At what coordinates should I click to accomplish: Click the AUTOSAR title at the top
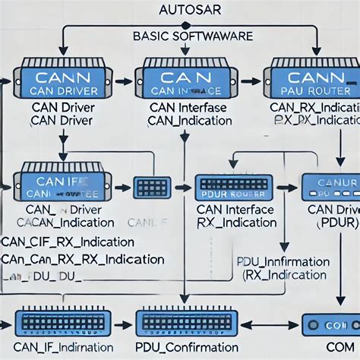click(x=180, y=11)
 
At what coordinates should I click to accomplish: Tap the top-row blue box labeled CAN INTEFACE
click(x=182, y=82)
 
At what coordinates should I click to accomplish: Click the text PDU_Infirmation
click(x=284, y=262)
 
